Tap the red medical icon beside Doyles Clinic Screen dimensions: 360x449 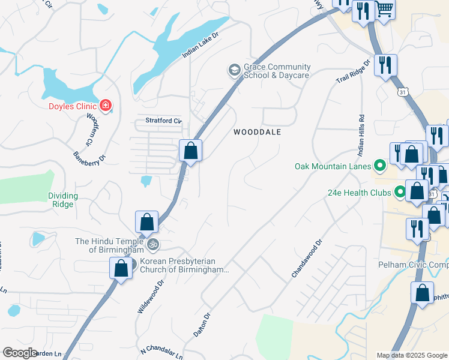coord(106,106)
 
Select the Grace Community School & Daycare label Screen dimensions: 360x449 coord(277,71)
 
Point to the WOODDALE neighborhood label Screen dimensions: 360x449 coord(257,131)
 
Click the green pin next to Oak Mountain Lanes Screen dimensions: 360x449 coord(379,164)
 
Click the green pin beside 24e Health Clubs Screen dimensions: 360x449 coord(400,193)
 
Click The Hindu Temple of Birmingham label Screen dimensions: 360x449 coord(109,245)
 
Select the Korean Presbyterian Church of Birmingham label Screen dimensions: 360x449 coord(184,266)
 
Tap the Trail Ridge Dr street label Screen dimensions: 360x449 coord(353,73)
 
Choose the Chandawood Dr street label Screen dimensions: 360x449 coord(307,259)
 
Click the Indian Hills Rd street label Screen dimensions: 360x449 coord(361,133)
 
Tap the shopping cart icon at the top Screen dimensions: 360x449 coord(385,9)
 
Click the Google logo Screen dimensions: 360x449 coord(20,353)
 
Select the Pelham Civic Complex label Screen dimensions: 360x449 coord(414,265)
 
